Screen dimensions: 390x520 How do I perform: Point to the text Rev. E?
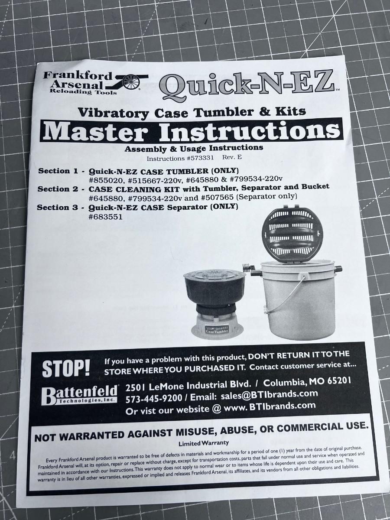232,157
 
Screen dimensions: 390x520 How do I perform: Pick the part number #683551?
105,217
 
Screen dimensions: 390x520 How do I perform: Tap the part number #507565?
217,197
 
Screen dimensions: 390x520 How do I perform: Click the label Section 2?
58,189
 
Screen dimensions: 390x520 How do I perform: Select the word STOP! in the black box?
66,369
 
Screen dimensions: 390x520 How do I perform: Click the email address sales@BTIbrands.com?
269,394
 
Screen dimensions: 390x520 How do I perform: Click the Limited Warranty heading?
204,443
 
